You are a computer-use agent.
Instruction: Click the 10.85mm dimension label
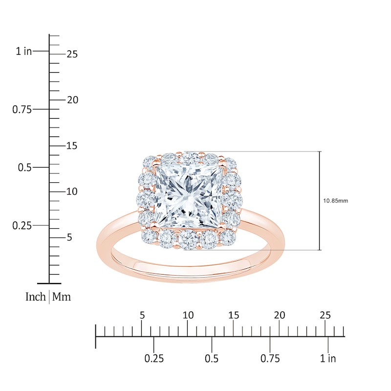click(x=335, y=201)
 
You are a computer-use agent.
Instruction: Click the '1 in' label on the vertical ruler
click(x=24, y=51)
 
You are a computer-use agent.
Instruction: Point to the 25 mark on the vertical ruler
click(x=72, y=54)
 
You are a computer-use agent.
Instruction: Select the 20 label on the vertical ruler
click(x=72, y=100)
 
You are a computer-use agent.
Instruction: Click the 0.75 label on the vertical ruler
click(x=22, y=109)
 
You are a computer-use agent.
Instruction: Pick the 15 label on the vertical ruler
click(x=72, y=146)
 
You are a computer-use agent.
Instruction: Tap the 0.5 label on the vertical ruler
click(x=25, y=168)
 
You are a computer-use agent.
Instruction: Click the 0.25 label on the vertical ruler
click(x=22, y=226)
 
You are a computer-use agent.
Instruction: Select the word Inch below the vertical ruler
click(x=36, y=297)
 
